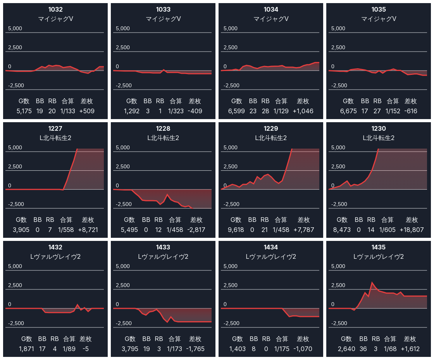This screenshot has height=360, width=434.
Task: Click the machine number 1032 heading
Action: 55,9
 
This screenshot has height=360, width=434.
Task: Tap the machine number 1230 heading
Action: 378,128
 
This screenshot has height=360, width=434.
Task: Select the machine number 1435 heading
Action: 378,247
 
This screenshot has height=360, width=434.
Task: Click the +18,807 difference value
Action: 412,230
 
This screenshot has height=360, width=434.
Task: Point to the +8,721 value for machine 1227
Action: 88,230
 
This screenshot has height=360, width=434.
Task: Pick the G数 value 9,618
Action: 236,230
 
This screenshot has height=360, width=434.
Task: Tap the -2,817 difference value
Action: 196,230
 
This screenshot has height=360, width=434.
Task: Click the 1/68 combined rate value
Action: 390,349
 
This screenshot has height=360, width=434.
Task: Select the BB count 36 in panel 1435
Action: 363,349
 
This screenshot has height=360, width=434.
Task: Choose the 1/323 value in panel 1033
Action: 176,111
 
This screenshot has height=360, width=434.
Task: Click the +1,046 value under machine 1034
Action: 303,111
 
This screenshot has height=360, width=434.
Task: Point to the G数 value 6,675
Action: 348,111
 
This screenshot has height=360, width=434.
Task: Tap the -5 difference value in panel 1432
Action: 86,349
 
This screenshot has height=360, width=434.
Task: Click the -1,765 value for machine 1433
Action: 195,349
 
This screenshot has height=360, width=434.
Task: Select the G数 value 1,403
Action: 237,349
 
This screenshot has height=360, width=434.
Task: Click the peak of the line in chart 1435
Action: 372,283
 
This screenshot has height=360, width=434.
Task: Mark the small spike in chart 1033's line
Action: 164,70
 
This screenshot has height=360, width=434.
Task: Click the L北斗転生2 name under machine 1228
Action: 163,138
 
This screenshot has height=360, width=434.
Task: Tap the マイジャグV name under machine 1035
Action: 378,19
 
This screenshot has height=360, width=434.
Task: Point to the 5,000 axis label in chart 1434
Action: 230,267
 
